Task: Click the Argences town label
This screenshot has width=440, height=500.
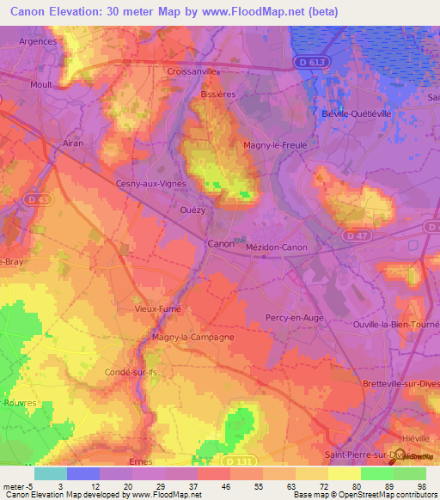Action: coord(38,40)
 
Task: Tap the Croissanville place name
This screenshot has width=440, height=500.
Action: coord(192,71)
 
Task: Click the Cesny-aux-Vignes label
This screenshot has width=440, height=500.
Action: coord(151,183)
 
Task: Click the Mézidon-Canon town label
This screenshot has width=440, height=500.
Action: coord(276,247)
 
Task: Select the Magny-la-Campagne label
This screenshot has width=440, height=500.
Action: coord(192,338)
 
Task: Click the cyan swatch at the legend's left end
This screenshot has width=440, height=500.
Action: coord(51,473)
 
